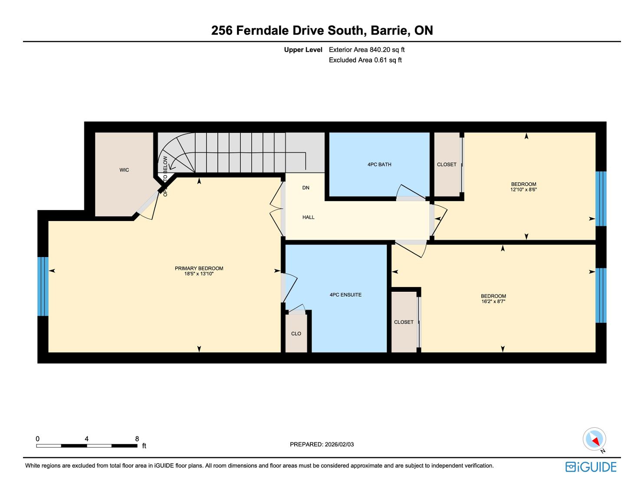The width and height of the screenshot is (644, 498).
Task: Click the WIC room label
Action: coord(124,170)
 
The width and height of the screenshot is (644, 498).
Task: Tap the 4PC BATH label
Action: coord(379,165)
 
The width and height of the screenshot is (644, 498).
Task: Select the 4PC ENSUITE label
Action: coord(345,295)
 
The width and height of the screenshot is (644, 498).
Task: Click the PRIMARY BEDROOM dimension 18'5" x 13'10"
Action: coord(199,274)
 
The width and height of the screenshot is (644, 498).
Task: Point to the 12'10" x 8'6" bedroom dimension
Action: coord(523,189)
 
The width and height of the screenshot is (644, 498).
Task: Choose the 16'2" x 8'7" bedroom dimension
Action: coord(493,301)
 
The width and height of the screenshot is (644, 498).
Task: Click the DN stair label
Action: coord(306,188)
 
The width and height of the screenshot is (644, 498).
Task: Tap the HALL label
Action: coord(308,217)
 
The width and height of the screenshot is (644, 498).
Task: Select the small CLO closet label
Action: coord(296,334)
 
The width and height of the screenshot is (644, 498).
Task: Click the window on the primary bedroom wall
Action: coord(43,287)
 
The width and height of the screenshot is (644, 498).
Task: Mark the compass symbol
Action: coord(594,439)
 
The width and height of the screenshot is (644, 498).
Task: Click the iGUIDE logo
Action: coord(591,467)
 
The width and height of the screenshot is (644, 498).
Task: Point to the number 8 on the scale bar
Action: coord(137,439)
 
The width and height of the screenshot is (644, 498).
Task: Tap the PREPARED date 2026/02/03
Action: coord(339,444)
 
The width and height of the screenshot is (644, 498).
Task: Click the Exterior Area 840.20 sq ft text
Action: coord(367,50)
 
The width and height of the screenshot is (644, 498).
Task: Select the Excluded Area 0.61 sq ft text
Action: coord(365,60)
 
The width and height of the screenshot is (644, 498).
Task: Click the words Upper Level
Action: coord(303,50)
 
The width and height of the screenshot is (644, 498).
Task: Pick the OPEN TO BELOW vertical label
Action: coord(165,176)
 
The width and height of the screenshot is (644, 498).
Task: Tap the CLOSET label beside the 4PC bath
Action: coord(446,165)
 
